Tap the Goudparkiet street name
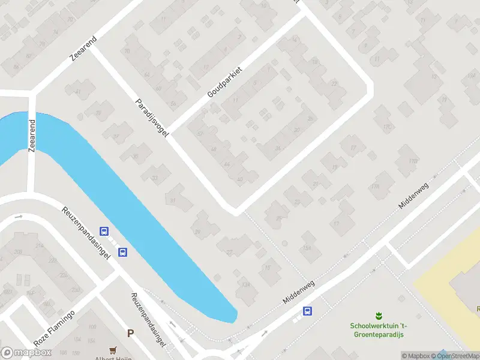click(224, 83)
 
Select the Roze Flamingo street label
click(55, 328)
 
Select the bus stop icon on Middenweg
click(307, 310)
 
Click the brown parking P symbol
click(130, 333)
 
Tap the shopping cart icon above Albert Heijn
click(112, 350)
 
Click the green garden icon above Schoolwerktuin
click(378, 316)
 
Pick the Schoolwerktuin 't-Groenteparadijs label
click(378, 329)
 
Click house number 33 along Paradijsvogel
click(155, 178)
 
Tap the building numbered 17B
click(412, 161)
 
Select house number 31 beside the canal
click(173, 201)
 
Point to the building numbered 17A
click(376, 187)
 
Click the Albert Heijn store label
click(113, 358)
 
